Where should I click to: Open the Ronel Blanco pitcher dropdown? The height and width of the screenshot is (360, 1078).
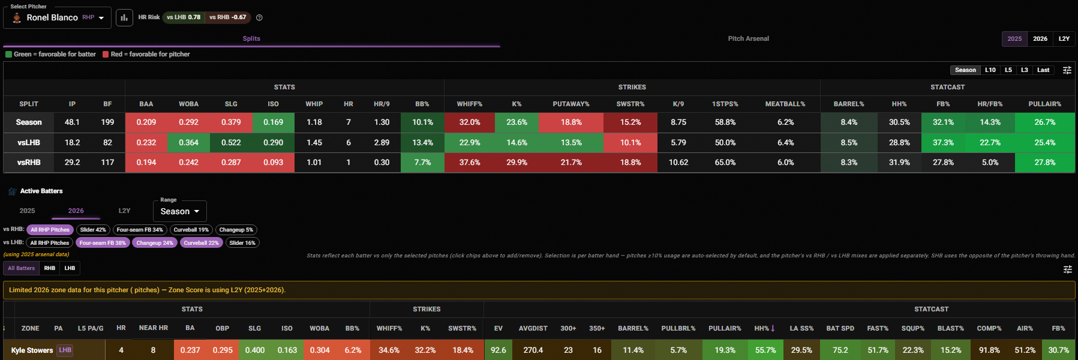pos(58,17)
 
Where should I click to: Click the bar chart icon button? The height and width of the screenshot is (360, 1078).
pos(124,17)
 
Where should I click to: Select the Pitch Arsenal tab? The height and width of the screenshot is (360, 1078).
pos(748,38)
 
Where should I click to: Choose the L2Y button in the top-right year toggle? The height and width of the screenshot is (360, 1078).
pos(1064,39)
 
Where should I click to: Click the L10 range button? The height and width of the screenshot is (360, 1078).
pos(990,70)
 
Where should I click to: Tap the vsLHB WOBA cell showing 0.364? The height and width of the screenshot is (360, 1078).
pos(188,143)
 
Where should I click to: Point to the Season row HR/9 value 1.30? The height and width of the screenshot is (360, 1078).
pos(382,122)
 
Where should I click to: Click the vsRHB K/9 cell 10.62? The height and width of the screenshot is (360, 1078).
pos(678,163)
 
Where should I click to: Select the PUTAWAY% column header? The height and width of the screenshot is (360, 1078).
pos(571,104)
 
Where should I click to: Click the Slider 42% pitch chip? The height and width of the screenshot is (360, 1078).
pos(93,230)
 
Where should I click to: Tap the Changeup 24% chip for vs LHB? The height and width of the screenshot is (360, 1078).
pos(155,243)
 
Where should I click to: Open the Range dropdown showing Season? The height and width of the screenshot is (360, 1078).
pos(180,211)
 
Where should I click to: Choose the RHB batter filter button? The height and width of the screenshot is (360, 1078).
pos(50,268)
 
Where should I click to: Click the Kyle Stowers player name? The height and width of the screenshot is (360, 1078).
pos(32,350)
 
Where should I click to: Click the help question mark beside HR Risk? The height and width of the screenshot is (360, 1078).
pos(259,17)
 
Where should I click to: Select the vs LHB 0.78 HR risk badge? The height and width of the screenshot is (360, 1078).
pos(184,17)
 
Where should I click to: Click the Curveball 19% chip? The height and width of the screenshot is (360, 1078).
pos(191,230)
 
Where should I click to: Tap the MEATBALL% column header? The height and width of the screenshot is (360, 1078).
pos(785,104)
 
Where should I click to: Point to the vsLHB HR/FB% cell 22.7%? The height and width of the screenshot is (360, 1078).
pos(990,143)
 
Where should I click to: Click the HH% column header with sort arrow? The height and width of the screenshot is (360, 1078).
pos(764,329)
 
